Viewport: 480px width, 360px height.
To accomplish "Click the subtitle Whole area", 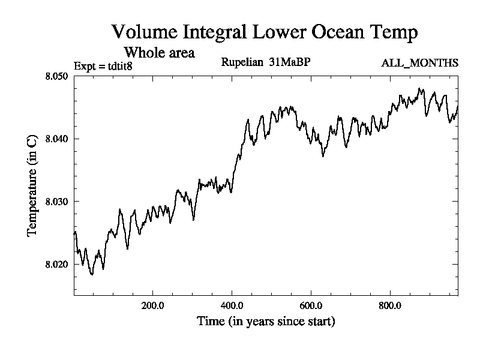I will click(159, 52).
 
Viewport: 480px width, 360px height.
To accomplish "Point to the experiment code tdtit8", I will click(115, 66).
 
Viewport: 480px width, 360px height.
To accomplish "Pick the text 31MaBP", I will click(292, 62).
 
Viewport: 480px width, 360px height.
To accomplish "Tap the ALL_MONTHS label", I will click(420, 63).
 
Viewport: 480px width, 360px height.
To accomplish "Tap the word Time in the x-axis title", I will click(210, 321).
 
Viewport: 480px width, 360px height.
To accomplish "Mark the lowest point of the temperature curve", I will click(92, 274).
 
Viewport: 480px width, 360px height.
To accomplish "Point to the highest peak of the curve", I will click(421, 89).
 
